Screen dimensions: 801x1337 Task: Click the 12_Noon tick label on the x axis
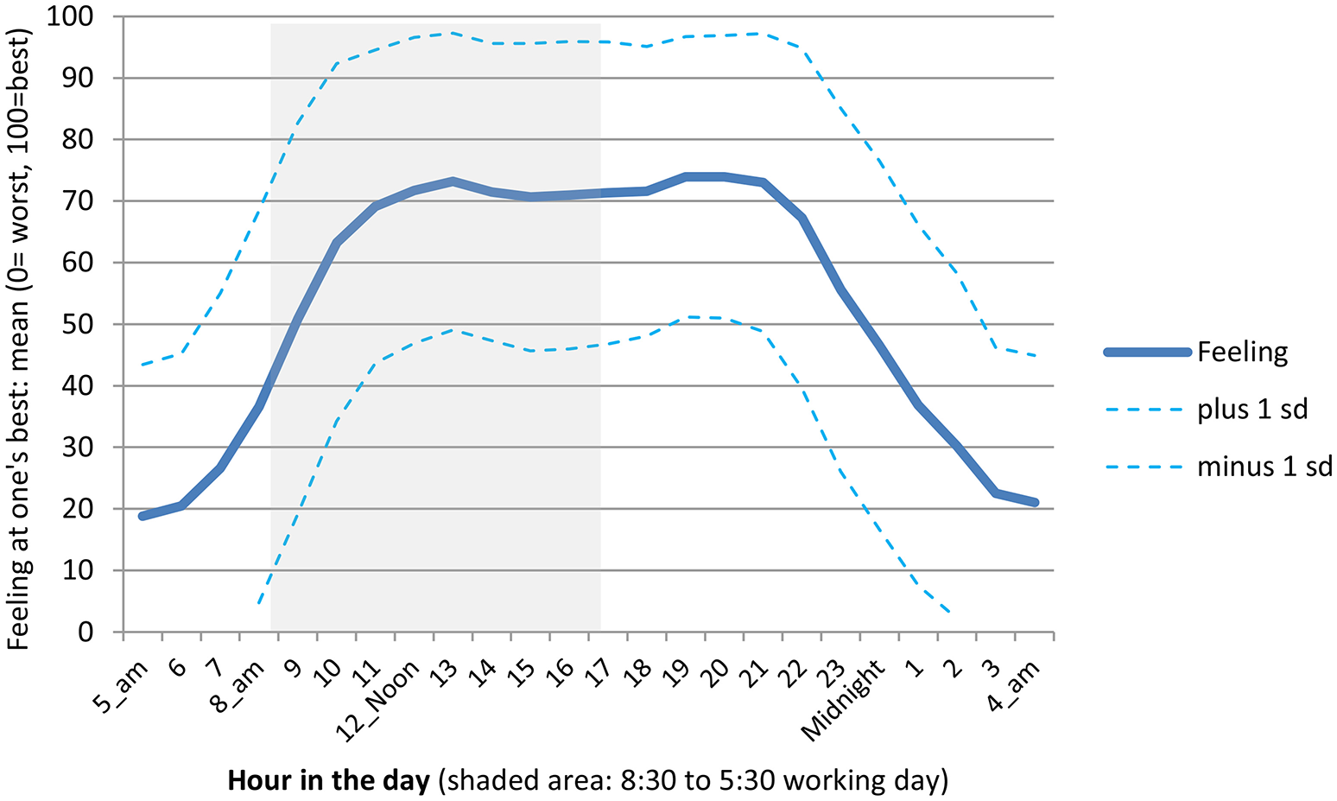point(379,700)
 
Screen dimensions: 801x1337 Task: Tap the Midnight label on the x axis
point(844,700)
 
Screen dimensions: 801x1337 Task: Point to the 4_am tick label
point(1014,687)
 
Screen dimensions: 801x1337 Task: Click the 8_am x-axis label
point(237,687)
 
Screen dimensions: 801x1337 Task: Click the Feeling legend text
point(1242,353)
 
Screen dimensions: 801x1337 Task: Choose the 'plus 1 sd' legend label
point(1252,409)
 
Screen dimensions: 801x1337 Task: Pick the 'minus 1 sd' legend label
point(1264,467)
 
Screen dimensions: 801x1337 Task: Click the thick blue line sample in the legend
point(1147,353)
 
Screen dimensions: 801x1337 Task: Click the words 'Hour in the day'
point(328,781)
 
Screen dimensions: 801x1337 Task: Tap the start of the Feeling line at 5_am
point(143,516)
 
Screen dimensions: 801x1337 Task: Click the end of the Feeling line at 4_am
point(1034,502)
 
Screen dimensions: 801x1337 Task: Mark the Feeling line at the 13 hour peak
point(453,181)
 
